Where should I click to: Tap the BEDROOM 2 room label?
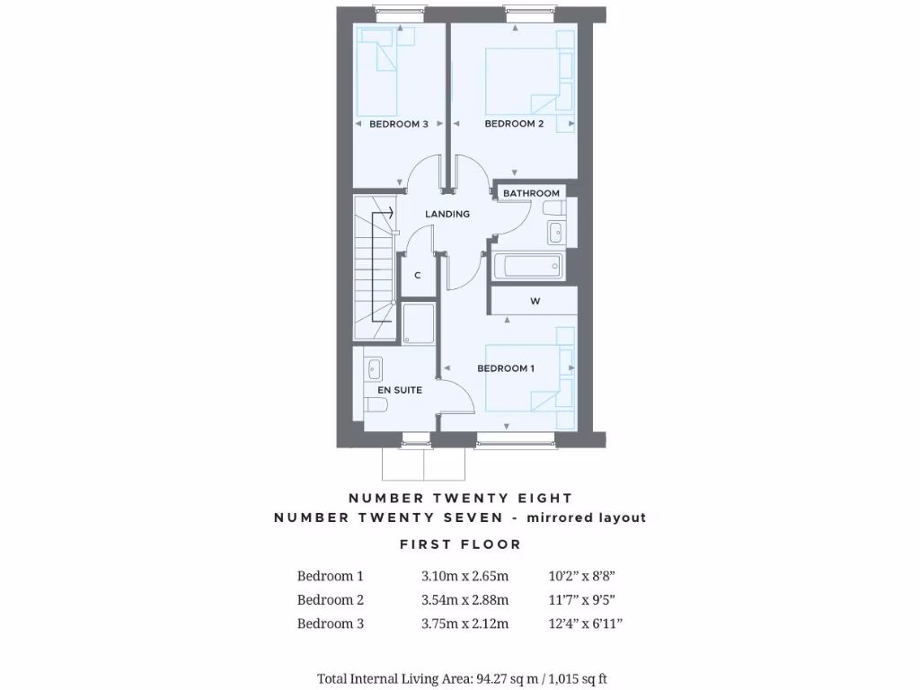(x=514, y=124)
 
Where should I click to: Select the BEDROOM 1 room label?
(x=506, y=368)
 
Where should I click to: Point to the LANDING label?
(x=447, y=214)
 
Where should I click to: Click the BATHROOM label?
(x=531, y=193)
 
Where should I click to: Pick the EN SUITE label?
(x=400, y=390)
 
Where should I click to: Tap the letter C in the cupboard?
(x=418, y=276)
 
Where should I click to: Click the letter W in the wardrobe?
(x=535, y=302)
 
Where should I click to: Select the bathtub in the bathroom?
(x=527, y=266)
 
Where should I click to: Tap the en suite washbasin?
(x=375, y=368)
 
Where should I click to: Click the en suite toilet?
(x=376, y=405)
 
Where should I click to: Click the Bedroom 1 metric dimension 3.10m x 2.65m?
(x=465, y=576)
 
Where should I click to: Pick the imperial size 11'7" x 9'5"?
(x=583, y=600)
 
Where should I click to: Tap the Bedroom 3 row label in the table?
(x=331, y=624)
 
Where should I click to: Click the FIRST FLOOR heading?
(x=460, y=544)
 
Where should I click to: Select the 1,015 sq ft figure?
(x=579, y=678)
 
